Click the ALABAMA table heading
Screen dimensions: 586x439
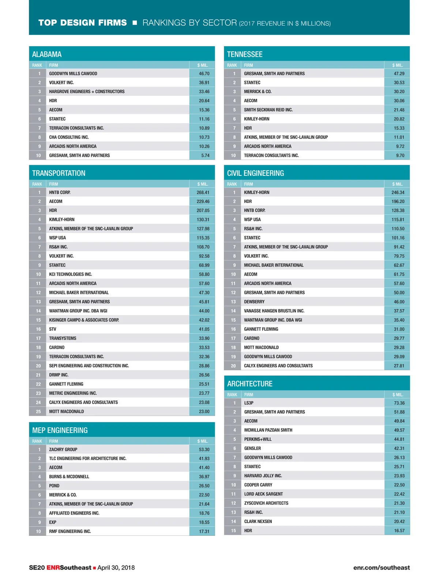47,55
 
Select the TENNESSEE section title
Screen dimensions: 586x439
245,55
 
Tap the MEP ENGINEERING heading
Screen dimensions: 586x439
60,430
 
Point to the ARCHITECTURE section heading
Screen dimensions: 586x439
250,384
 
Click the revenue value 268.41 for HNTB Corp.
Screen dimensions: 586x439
203,192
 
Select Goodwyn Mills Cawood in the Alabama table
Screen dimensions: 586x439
73,74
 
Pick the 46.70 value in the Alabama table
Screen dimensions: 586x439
204,74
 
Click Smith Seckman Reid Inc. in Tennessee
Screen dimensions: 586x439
268,110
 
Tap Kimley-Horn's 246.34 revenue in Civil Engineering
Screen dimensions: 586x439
398,192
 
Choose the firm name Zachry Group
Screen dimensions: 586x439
63,449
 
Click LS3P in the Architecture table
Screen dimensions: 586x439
249,403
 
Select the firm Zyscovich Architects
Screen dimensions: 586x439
266,503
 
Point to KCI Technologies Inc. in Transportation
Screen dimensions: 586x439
71,274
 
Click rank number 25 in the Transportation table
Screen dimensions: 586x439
38,411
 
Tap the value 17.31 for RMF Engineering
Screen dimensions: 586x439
204,531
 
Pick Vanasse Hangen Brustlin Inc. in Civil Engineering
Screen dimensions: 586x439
274,311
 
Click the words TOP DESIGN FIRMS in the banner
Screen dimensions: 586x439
83,23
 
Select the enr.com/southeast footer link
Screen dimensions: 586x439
381,568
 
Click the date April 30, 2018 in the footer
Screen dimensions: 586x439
116,568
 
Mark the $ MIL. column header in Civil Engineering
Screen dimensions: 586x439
397,184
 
